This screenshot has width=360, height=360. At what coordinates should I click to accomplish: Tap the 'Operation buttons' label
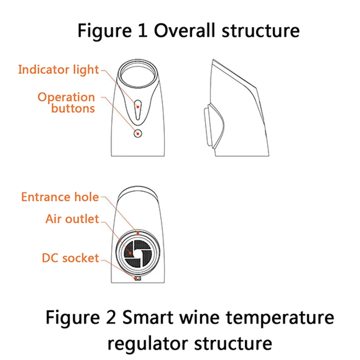66,103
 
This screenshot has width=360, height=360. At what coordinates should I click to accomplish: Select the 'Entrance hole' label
59,197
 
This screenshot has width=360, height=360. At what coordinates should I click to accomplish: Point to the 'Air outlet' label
72,219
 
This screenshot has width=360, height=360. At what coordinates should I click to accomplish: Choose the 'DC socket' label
70,258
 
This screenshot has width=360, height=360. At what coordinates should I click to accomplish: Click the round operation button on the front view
138,133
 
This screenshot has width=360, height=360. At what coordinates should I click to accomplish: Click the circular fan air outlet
137,252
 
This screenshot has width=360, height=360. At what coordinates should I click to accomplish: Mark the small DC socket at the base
137,278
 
